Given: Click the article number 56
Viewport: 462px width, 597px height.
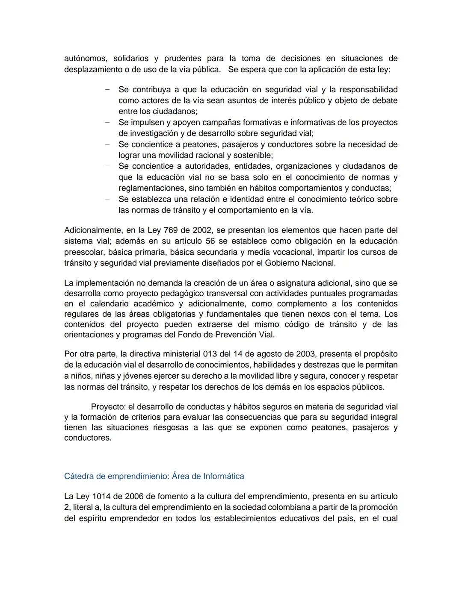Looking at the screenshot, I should pos(210,241).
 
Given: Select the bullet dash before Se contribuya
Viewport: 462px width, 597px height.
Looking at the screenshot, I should pos(107,90).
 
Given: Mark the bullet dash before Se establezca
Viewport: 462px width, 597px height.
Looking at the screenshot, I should pos(107,199).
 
